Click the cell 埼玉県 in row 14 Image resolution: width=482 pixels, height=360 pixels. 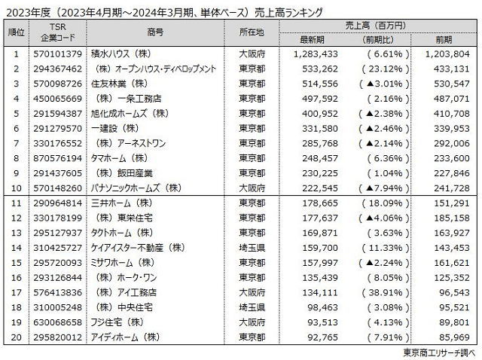click(x=254, y=246)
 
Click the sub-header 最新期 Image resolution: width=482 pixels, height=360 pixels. click(x=312, y=38)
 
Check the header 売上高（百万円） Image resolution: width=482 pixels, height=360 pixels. click(x=380, y=25)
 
